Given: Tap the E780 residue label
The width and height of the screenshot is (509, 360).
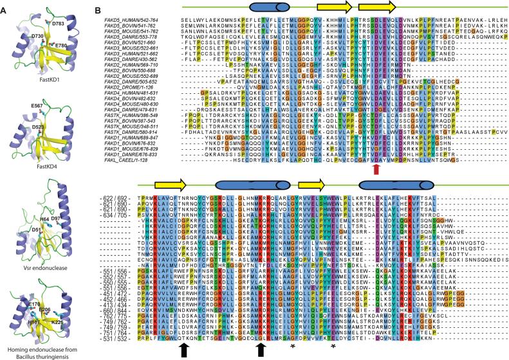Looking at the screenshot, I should pos(60,46).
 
